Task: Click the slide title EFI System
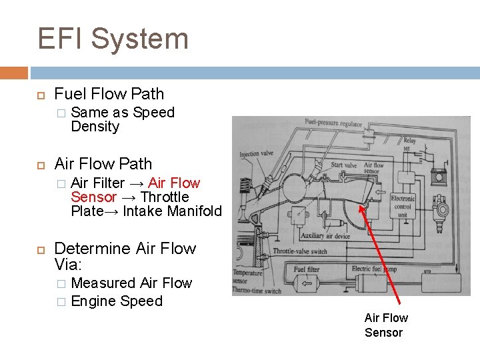pyautogui.click(x=113, y=39)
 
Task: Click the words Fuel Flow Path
pyautogui.click(x=109, y=94)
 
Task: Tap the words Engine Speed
pyautogui.click(x=117, y=301)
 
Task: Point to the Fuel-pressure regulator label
pyautogui.click(x=333, y=123)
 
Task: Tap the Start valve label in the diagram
pyautogui.click(x=344, y=165)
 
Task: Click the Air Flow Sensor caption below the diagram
pyautogui.click(x=386, y=325)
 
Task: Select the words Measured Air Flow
pyautogui.click(x=131, y=283)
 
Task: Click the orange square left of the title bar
pyautogui.click(x=13, y=72)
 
